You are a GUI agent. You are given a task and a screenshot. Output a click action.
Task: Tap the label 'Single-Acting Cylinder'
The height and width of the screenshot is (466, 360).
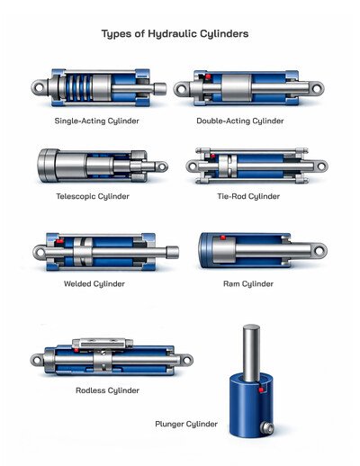coord(97,121)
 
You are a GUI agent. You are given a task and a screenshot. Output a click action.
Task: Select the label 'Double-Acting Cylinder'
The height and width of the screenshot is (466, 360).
coord(240,121)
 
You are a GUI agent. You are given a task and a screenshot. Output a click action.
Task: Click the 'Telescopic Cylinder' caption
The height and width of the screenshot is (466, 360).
coord(93,196)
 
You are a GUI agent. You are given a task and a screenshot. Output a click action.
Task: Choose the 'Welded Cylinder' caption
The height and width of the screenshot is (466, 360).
coord(94,283)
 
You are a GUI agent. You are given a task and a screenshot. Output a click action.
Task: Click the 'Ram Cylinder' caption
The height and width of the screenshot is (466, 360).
coord(247,283)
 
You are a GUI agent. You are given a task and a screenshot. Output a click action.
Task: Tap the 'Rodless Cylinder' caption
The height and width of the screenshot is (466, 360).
coord(107,390)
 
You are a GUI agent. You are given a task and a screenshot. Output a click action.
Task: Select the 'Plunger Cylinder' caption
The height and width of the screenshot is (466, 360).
coord(186,423)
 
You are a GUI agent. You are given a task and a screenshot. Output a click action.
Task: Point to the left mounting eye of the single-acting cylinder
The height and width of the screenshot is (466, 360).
coord(37,89)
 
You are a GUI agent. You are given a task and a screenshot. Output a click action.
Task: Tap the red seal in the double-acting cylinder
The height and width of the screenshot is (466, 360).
coord(206,78)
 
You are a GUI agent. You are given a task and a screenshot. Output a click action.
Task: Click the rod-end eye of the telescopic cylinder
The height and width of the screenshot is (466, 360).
coord(161,166)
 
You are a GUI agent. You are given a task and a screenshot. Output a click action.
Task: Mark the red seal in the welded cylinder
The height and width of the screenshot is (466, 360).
coord(60,242)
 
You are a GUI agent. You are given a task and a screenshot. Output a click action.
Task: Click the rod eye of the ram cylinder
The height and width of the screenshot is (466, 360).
coord(317,250)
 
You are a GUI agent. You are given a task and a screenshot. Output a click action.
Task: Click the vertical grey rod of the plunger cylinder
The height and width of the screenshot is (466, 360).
coord(251,346)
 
